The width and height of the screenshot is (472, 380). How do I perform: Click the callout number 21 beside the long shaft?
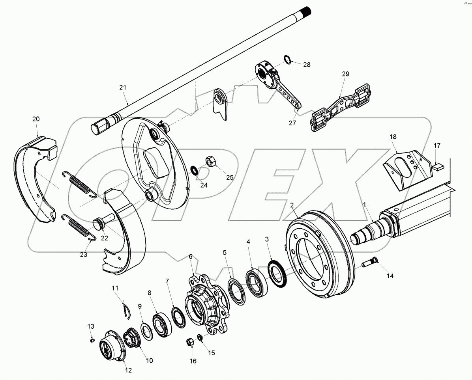(x=122, y=87)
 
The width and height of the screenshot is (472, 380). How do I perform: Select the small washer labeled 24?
(x=195, y=170)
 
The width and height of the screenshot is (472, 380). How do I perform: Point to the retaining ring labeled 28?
(x=288, y=60)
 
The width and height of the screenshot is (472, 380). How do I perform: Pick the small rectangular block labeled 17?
(x=437, y=166)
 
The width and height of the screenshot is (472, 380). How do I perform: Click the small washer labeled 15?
(x=200, y=338)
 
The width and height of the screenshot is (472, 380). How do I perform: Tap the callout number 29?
(x=346, y=74)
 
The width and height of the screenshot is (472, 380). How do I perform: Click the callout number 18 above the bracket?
(x=393, y=136)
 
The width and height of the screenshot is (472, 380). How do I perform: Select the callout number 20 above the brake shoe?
(x=36, y=119)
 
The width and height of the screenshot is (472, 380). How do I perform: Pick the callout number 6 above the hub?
(x=191, y=256)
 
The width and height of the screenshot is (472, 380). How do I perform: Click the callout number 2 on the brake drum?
(x=292, y=205)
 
